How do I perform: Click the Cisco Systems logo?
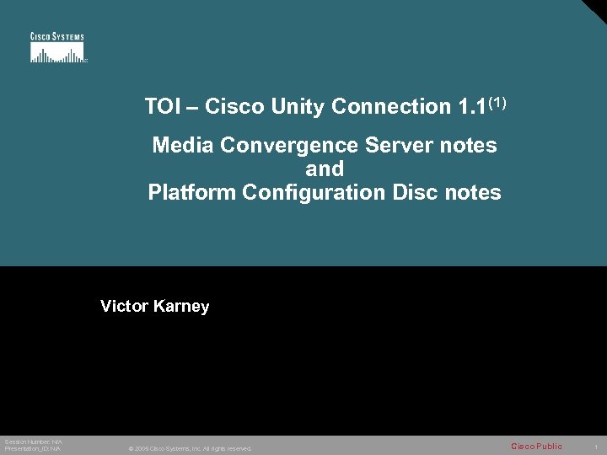coord(57,48)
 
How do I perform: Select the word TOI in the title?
coord(161,107)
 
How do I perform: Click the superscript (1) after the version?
coord(497,103)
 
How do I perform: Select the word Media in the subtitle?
coord(183,146)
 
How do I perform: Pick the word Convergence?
coord(290,146)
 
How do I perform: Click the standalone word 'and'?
coord(325,169)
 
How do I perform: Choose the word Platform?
coord(191,192)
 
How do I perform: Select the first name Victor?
coord(124,306)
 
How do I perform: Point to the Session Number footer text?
coord(33,442)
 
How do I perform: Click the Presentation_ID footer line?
coord(32,448)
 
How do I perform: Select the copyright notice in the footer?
coord(190,448)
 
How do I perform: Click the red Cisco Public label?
coord(536,446)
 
